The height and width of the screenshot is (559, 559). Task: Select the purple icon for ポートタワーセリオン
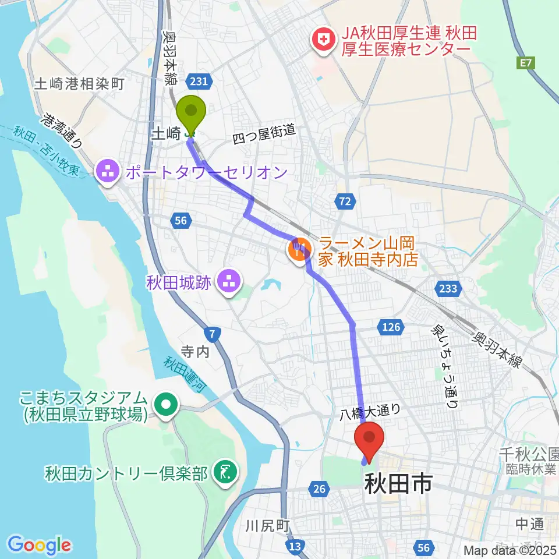[108, 172]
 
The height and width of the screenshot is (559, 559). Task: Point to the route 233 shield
[449, 288]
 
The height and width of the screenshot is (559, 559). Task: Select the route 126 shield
[391, 327]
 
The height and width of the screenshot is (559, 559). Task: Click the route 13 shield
[295, 546]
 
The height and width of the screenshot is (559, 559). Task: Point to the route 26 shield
[319, 489]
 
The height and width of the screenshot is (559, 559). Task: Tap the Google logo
[40, 546]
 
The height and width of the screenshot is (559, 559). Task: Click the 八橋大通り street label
[370, 413]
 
